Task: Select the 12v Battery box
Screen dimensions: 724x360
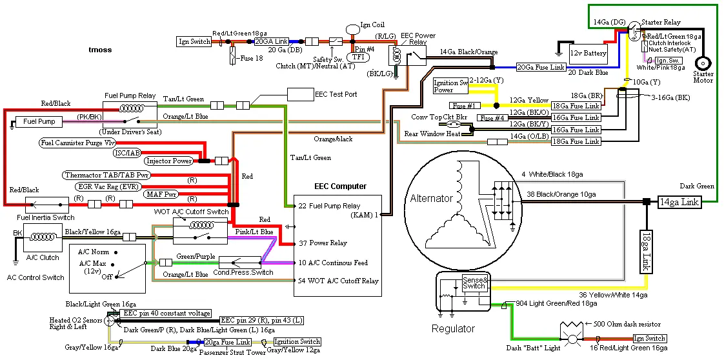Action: click(588, 54)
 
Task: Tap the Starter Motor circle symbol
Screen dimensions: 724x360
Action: click(703, 63)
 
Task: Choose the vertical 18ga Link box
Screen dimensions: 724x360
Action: click(646, 251)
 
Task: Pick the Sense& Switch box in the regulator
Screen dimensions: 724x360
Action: click(475, 283)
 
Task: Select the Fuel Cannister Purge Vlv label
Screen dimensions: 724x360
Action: click(77, 143)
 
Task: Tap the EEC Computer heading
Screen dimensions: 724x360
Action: click(340, 186)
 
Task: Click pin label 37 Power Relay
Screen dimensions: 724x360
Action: click(322, 243)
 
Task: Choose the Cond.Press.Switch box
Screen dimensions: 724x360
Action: click(239, 263)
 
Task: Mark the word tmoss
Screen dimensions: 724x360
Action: click(100, 50)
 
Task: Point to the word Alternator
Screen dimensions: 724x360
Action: click(431, 199)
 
